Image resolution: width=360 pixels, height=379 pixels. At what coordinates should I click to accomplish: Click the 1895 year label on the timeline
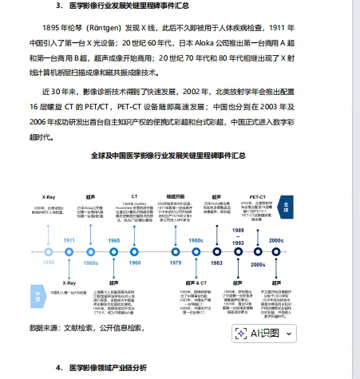pos(49,261)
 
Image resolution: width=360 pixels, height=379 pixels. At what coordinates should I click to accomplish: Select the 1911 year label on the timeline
pos(69,240)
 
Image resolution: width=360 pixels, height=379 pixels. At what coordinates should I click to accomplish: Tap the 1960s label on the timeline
pos(91,262)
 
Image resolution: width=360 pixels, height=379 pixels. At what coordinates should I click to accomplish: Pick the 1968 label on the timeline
pos(135,262)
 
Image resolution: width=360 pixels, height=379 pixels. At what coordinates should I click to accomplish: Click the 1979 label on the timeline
pos(176,262)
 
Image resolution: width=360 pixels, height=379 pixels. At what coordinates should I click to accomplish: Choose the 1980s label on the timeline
pos(196,240)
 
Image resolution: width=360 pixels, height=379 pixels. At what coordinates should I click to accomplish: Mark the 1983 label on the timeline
pos(216,262)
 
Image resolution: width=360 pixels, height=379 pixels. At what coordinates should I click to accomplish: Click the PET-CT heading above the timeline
pos(257,195)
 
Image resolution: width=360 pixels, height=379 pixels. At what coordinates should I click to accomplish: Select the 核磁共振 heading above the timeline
pos(176,195)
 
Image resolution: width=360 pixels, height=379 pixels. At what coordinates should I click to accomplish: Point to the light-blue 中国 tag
pos(37,295)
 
